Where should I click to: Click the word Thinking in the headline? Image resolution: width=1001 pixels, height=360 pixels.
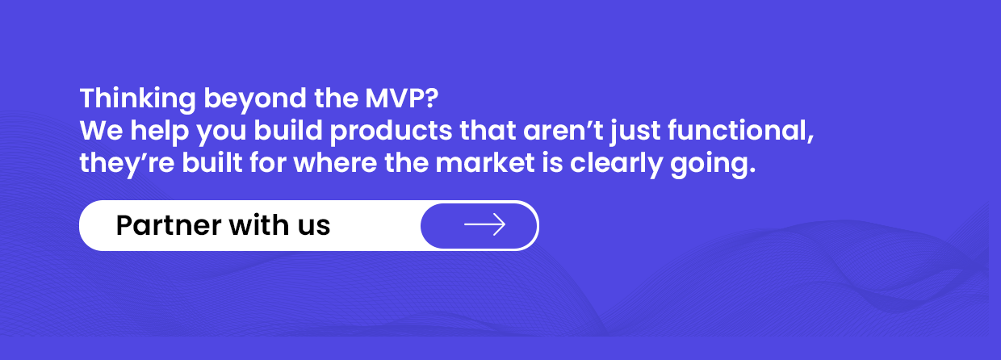(137, 98)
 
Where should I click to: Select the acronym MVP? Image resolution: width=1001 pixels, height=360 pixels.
(402, 98)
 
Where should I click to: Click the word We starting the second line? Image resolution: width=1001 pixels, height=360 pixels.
(101, 131)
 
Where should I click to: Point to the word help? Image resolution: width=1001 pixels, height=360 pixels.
(160, 132)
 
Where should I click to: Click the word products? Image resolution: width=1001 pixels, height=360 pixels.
(392, 132)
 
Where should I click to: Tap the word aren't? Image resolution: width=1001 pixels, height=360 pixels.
(563, 131)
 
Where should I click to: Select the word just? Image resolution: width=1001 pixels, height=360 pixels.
(635, 132)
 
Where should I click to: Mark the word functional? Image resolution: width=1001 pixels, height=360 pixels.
(741, 131)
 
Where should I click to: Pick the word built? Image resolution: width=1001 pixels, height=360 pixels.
(212, 162)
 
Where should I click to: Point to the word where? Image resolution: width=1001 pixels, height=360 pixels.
(335, 162)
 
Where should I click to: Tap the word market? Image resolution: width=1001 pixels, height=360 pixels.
(485, 162)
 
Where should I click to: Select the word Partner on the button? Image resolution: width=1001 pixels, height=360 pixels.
(169, 225)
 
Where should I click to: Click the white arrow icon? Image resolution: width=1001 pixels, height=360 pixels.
(485, 224)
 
